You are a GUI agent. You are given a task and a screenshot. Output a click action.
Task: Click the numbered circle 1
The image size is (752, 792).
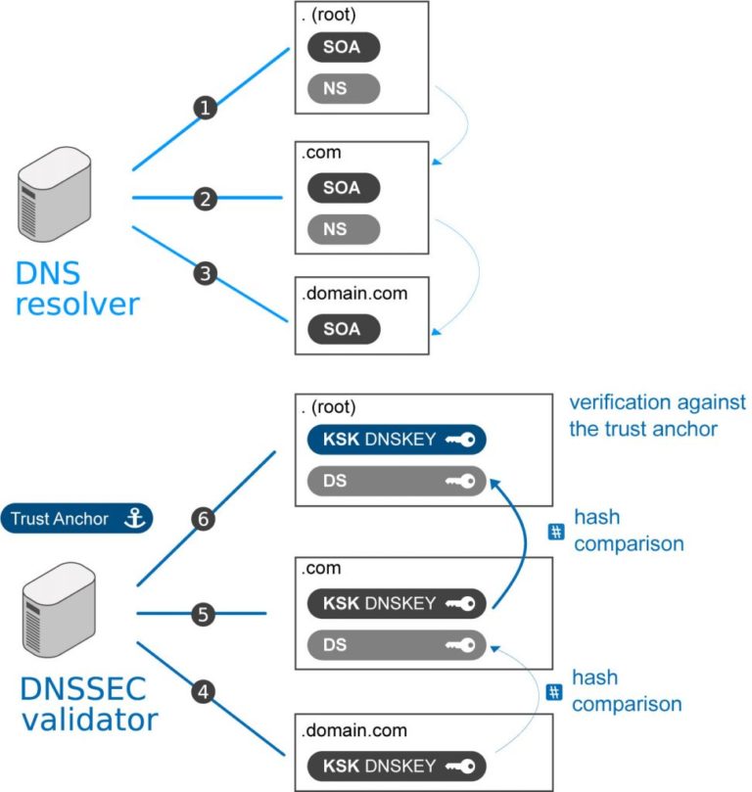(x=205, y=108)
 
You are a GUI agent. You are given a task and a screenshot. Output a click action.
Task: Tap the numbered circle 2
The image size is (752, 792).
(x=205, y=199)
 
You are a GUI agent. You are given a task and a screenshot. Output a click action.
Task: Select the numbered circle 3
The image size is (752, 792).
(x=205, y=273)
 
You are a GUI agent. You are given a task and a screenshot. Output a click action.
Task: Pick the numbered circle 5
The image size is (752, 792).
(x=204, y=615)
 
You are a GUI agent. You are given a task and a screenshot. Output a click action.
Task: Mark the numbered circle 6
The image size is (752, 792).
(x=204, y=520)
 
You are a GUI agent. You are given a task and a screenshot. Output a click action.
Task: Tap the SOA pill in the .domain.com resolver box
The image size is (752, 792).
(x=342, y=329)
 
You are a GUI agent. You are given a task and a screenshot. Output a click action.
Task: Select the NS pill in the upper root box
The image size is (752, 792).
(x=342, y=90)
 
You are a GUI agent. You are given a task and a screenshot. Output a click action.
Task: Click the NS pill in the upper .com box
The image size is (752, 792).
(x=342, y=230)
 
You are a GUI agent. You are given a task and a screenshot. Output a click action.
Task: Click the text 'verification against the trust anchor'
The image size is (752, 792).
(x=657, y=416)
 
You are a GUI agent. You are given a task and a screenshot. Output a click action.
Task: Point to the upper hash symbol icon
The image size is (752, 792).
(x=555, y=532)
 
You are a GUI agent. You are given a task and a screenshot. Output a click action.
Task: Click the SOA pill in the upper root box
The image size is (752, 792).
(x=342, y=47)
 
